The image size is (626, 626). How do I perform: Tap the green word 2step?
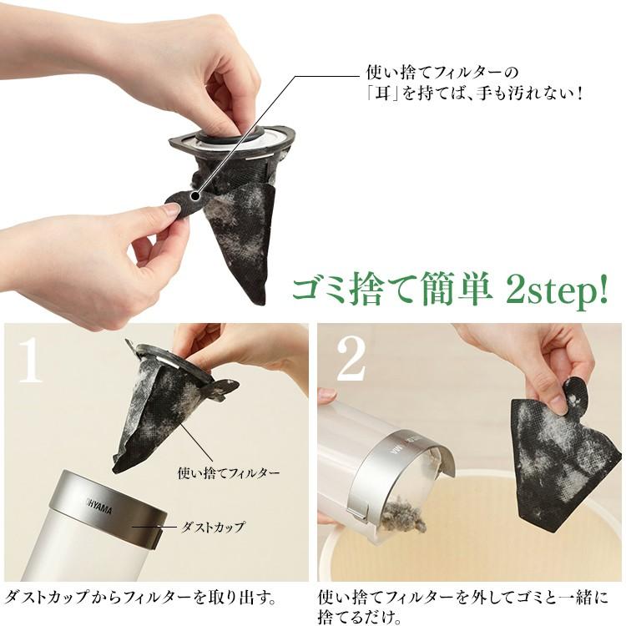pyautogui.click(x=555, y=288)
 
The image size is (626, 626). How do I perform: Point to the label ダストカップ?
pyautogui.click(x=212, y=528)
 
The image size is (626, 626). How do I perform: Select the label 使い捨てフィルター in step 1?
pyautogui.click(x=229, y=472)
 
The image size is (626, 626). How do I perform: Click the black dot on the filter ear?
pyautogui.click(x=195, y=195)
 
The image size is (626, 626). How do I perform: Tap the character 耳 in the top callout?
pyautogui.click(x=383, y=94)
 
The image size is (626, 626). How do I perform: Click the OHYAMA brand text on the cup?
pyautogui.click(x=98, y=507)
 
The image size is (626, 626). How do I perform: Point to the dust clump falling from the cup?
pyautogui.click(x=404, y=517)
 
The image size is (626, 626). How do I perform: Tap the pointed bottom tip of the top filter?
pyautogui.click(x=259, y=301)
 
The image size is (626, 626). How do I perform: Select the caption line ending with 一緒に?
pyautogui.click(x=462, y=598)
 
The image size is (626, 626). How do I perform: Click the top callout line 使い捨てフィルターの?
pyautogui.click(x=442, y=73)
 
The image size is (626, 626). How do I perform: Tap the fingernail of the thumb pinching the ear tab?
pyautogui.click(x=171, y=209)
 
